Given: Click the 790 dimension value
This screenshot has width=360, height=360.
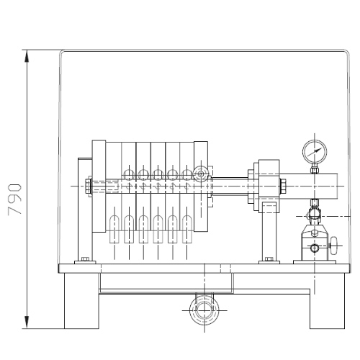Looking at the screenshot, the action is pyautogui.click(x=15, y=199).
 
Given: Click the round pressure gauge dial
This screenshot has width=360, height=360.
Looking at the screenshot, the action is pyautogui.click(x=315, y=152).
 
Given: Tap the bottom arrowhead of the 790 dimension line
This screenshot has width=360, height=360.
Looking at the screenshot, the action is pyautogui.click(x=27, y=323).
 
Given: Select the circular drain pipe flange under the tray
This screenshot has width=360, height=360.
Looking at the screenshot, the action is pyautogui.click(x=204, y=310).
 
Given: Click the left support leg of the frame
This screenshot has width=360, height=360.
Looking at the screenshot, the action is pyautogui.click(x=81, y=301).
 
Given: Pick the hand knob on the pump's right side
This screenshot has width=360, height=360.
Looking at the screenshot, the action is pyautogui.click(x=333, y=246).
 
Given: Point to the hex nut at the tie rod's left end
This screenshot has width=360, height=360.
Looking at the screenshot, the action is pyautogui.click(x=88, y=186).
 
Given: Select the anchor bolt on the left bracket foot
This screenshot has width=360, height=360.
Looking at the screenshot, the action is pyautogui.click(x=85, y=259).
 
